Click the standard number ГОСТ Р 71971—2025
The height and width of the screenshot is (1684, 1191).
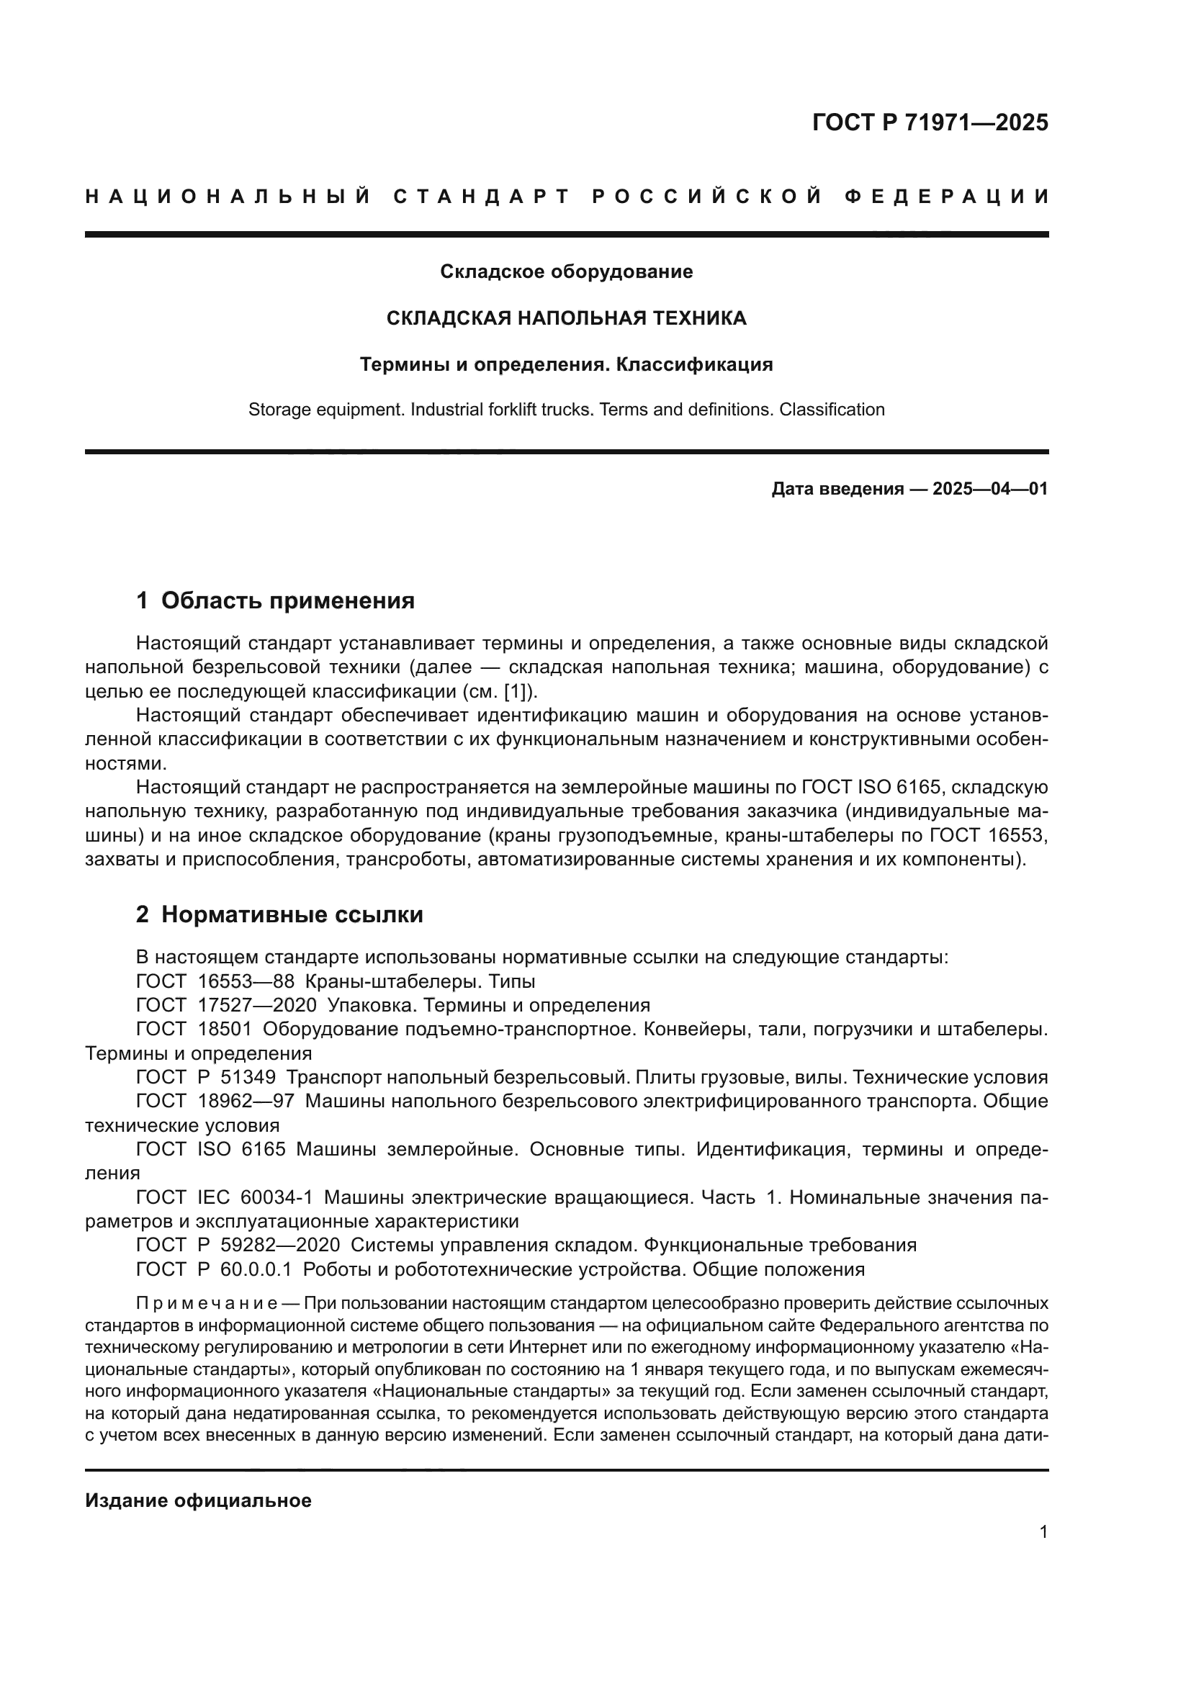click(930, 122)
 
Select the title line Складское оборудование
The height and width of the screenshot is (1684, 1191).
click(566, 272)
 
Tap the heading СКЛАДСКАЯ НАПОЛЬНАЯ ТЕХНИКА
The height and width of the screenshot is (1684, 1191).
click(566, 318)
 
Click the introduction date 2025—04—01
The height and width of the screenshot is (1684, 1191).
click(990, 488)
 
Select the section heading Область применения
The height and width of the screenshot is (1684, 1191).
click(287, 600)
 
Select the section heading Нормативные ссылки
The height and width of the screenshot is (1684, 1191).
click(292, 914)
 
